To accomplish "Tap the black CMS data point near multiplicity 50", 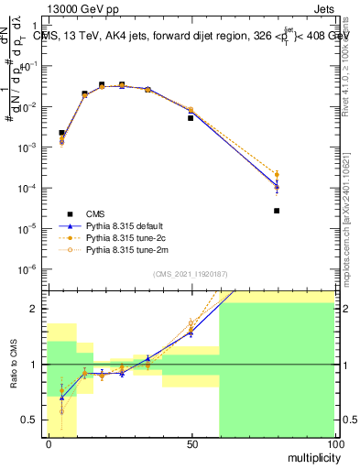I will click(191, 118).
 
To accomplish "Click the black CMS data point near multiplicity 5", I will click(61, 133).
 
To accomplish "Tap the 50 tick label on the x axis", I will click(191, 443).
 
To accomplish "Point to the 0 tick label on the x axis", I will click(48, 443).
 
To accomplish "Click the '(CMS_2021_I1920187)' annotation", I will click(190, 273).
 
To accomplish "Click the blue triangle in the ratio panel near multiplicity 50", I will click(191, 332).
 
